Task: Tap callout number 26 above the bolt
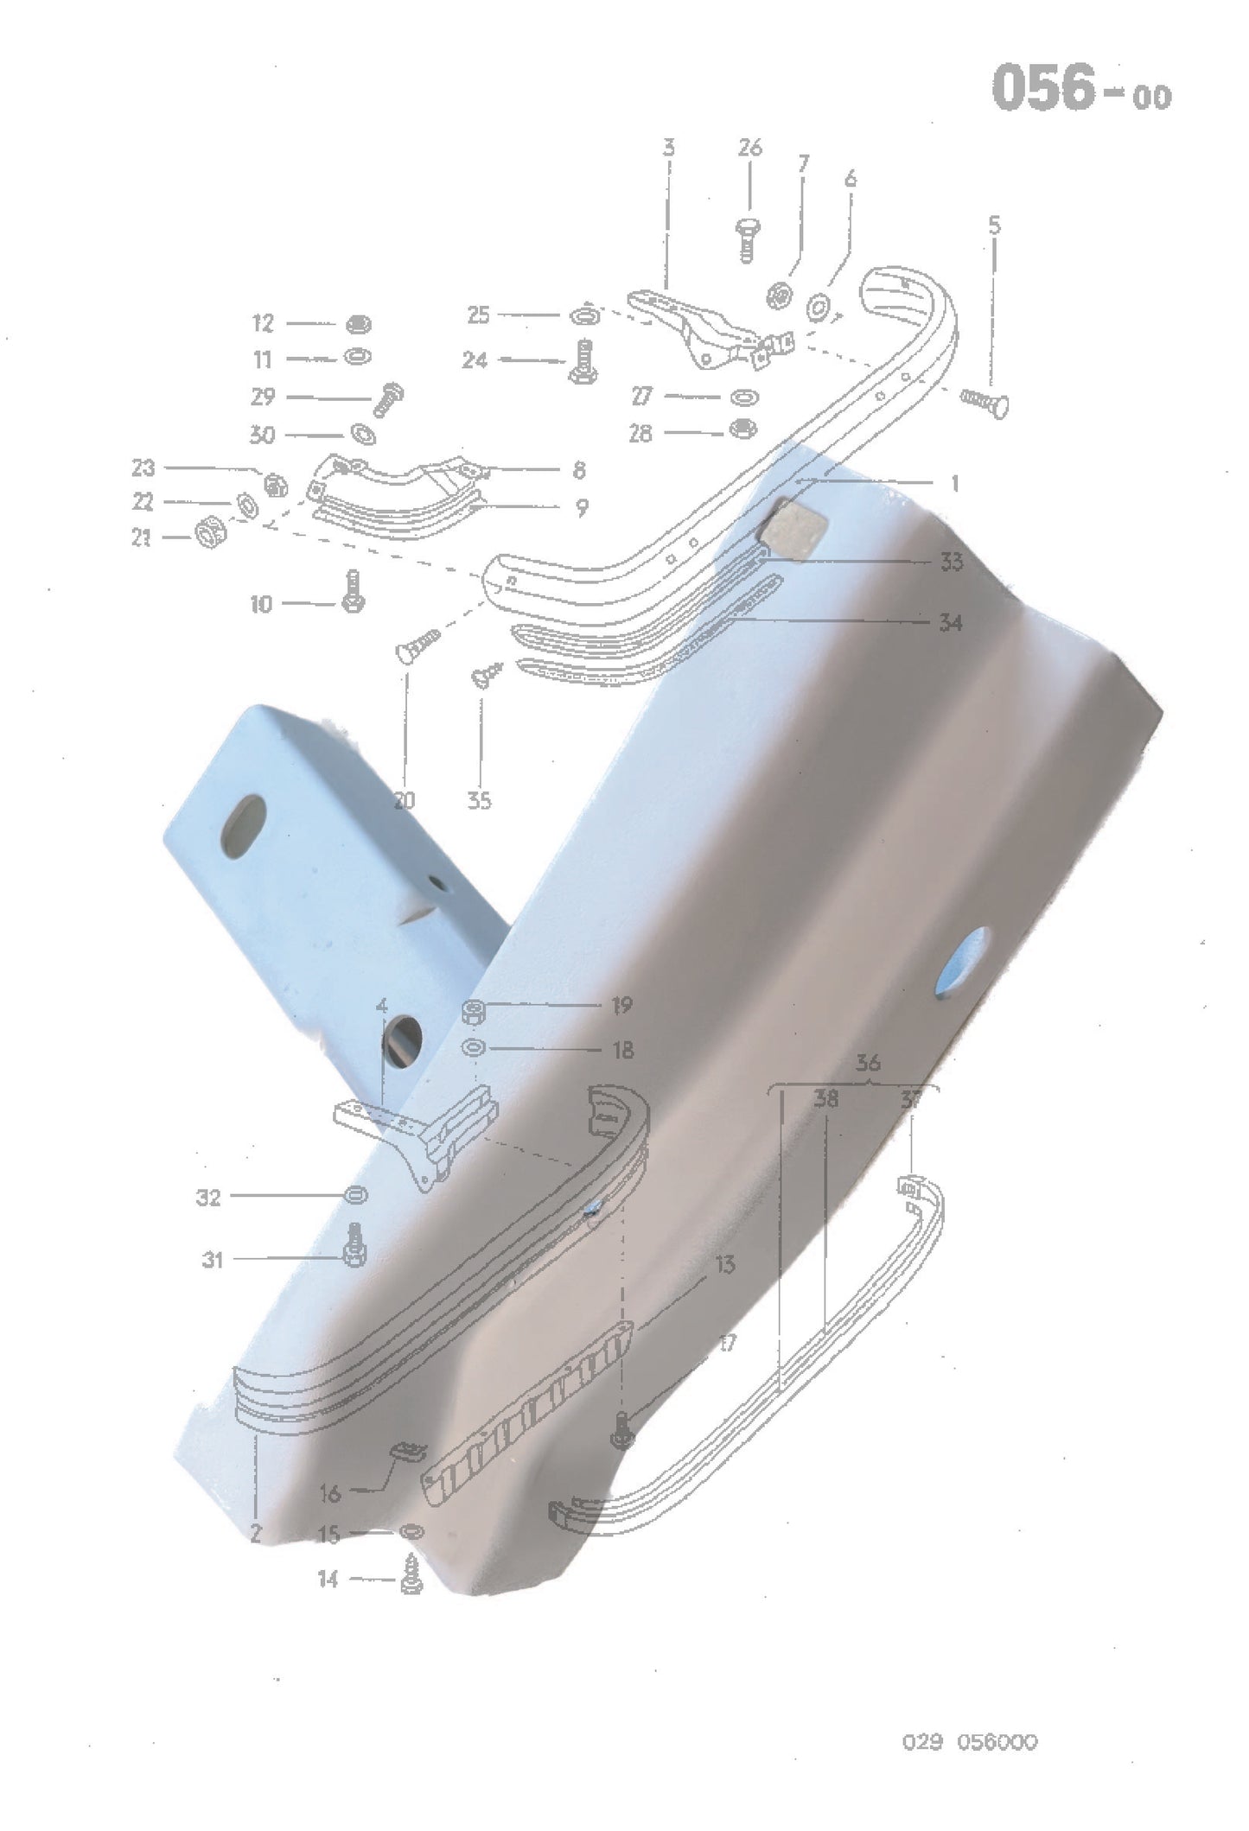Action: [x=749, y=148]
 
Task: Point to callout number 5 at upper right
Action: [x=994, y=226]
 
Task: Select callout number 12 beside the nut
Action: [x=263, y=323]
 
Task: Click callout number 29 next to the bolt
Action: [x=263, y=397]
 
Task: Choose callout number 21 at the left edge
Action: [x=142, y=538]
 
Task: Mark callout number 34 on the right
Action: [x=950, y=622]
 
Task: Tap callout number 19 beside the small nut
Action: [x=621, y=1005]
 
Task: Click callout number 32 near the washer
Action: [x=209, y=1198]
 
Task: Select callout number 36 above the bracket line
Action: [x=868, y=1064]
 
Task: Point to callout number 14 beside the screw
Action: [x=328, y=1580]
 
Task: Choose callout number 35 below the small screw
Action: [x=479, y=801]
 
